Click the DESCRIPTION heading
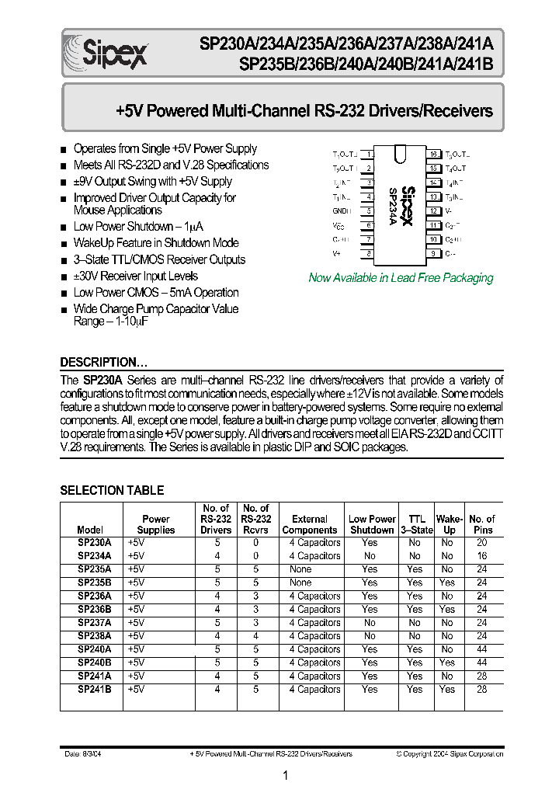(104, 363)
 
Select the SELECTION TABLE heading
(112, 490)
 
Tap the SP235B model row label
(95, 583)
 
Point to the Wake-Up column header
(449, 524)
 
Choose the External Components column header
(310, 524)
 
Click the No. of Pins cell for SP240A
(482, 649)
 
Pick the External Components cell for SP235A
(300, 569)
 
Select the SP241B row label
(95, 690)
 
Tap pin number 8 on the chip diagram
(370, 253)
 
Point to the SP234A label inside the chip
(393, 206)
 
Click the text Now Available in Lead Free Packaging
(401, 278)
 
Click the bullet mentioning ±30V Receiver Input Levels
(135, 276)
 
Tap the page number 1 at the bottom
(286, 775)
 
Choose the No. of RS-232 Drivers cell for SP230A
(217, 543)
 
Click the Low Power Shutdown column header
(372, 524)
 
